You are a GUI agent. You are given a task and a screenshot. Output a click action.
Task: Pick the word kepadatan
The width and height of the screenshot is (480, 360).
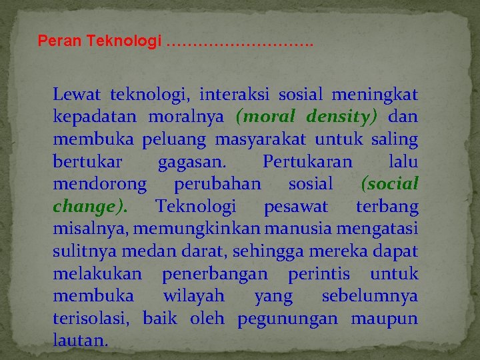point(94,117)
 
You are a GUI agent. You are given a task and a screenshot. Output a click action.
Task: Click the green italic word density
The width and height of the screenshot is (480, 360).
point(341,117)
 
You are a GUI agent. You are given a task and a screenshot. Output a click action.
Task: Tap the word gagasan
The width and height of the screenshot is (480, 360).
point(191,162)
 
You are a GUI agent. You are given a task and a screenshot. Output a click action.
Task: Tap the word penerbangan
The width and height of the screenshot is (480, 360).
point(215,274)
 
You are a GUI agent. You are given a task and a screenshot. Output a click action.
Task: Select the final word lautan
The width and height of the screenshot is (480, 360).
point(79,341)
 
